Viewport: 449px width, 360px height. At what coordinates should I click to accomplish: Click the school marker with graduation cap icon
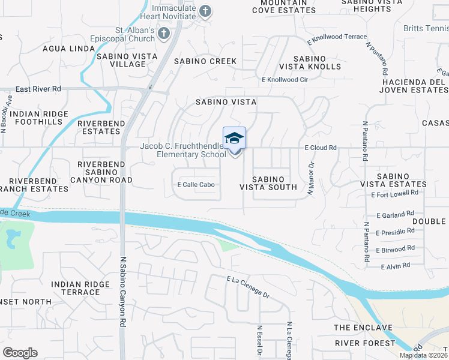234,139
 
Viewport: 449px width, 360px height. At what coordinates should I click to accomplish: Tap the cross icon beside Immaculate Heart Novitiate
205,11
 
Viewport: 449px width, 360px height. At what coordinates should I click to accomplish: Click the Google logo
20,353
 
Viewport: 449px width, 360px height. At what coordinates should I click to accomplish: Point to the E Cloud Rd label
321,147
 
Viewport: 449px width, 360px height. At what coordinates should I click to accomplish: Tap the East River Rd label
38,89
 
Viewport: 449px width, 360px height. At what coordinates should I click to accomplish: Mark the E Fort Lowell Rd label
393,194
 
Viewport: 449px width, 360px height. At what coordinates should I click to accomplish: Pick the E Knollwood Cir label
285,79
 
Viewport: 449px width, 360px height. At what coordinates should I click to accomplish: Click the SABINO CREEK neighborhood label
205,61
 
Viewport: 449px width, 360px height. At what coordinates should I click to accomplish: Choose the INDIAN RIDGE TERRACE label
76,288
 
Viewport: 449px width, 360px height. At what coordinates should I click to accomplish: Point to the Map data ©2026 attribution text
423,355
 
